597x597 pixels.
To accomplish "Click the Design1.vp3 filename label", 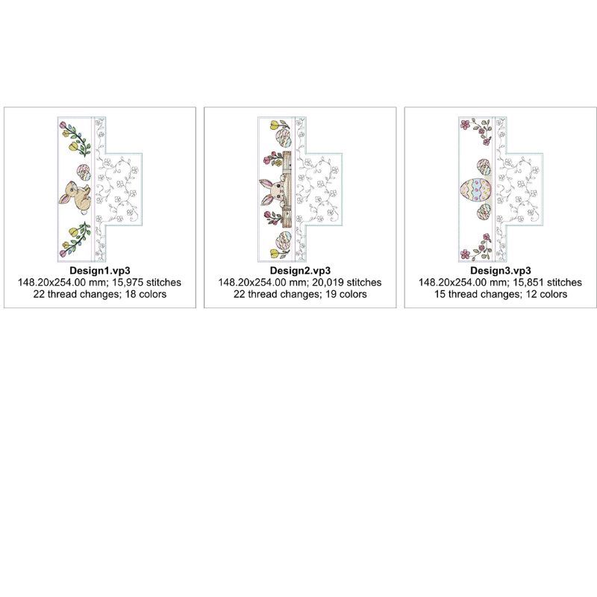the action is [x=100, y=270].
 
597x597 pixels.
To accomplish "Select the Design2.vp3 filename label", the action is [x=300, y=270].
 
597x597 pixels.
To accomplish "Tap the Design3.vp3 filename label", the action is [x=500, y=270].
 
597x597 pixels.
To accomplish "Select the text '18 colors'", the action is [x=146, y=294].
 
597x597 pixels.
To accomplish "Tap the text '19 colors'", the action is [x=346, y=294].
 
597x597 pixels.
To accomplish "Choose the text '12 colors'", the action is [x=546, y=294].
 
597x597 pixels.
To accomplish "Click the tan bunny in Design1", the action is [x=75, y=196].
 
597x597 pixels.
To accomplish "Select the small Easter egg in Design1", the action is [x=84, y=173].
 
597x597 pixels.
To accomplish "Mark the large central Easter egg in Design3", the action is [x=476, y=190].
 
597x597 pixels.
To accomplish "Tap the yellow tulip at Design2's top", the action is [x=275, y=125].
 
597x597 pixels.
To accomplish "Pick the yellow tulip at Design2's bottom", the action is [x=275, y=253].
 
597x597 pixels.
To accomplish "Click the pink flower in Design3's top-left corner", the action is [x=464, y=125].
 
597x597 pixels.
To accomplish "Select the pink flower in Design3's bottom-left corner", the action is [x=464, y=254].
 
